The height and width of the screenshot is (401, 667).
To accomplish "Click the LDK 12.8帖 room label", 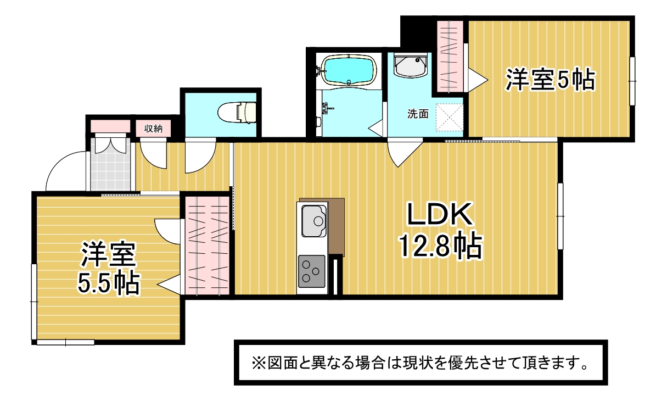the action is click(x=440, y=230).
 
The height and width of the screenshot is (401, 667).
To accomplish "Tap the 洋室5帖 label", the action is click(x=550, y=80).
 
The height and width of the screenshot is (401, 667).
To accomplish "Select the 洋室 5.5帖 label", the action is click(x=108, y=269).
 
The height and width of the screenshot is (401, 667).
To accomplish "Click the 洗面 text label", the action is click(x=418, y=114).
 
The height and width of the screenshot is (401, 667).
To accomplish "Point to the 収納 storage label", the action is click(x=153, y=129).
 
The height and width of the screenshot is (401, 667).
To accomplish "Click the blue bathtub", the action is click(x=349, y=71).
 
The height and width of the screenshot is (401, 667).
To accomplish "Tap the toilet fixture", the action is click(x=237, y=112).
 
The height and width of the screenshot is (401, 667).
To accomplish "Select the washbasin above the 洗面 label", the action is click(x=411, y=66).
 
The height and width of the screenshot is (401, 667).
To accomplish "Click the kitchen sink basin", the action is click(x=314, y=221).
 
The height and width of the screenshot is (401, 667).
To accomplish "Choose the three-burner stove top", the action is click(x=312, y=271).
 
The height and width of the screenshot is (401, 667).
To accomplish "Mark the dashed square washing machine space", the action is click(x=450, y=117).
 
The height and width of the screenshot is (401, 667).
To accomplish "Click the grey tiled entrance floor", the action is click(x=110, y=164).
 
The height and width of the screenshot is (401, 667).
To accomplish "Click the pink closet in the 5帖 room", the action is click(x=450, y=57).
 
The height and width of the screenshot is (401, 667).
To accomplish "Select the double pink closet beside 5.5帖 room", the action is click(x=208, y=246).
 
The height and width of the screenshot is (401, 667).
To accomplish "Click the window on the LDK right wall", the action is click(x=560, y=216).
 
